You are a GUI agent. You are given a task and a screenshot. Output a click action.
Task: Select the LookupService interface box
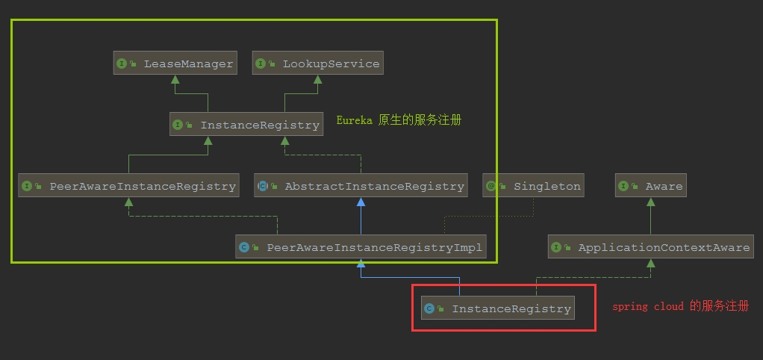point(318,63)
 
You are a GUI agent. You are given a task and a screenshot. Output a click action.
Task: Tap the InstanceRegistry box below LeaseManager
point(246,125)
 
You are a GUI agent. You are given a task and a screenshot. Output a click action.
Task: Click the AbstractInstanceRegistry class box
point(361,186)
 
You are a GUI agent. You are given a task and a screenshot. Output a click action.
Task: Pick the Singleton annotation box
point(533,186)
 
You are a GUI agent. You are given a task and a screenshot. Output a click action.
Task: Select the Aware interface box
point(650,186)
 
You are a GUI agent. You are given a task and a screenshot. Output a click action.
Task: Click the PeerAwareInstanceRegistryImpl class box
point(361,246)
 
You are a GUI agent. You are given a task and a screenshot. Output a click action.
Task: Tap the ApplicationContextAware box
point(650,247)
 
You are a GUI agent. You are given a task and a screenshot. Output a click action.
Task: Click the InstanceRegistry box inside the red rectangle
point(498,308)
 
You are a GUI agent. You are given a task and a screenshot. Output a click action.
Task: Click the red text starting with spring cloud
point(680,306)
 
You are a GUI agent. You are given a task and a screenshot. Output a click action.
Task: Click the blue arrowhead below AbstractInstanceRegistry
point(361,202)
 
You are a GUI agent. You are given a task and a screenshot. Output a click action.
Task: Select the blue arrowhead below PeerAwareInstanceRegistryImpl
point(361,263)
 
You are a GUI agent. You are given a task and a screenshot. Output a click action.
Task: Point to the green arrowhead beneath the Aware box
point(650,202)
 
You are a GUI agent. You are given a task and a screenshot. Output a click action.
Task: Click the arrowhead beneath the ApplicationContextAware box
point(650,264)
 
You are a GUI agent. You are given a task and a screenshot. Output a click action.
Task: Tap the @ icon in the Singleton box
point(491,186)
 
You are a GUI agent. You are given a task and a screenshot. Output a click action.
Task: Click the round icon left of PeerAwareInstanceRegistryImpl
point(244,247)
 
